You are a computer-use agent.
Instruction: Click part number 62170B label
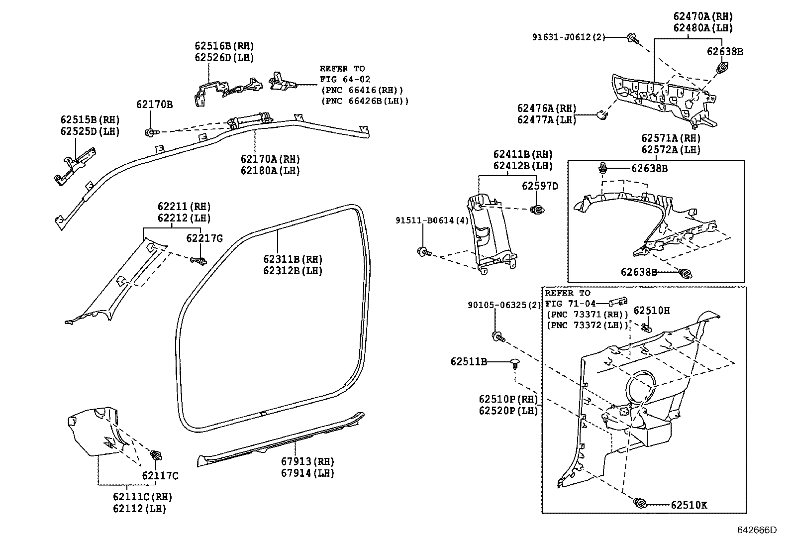tap(154, 105)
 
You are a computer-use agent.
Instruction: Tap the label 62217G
tap(204, 238)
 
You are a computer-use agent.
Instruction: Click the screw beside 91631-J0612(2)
tap(633, 38)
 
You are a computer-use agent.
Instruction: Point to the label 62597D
tap(540, 186)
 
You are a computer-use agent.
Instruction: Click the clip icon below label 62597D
tap(537, 211)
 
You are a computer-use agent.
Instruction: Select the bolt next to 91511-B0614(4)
tap(424, 252)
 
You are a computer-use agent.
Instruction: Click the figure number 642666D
tap(756, 530)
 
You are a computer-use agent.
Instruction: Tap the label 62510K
tap(689, 506)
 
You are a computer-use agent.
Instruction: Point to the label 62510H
tap(652, 311)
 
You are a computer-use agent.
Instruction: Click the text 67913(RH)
tap(307, 461)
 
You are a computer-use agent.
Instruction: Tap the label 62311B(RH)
tap(293, 259)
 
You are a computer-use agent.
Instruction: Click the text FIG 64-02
tap(345, 79)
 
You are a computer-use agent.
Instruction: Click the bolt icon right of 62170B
tap(150, 132)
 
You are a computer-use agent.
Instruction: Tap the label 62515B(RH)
tap(90, 120)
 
